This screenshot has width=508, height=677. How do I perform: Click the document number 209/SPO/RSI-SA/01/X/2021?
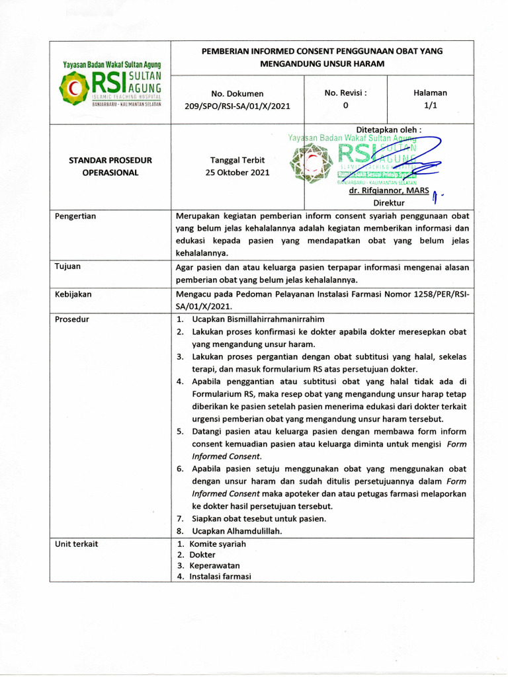tap(237, 105)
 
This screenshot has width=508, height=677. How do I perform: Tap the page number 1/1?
tap(430, 105)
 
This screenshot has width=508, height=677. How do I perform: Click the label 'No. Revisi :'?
tap(345, 93)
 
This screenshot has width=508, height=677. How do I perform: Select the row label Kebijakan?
tap(73, 294)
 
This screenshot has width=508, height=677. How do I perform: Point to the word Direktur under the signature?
tap(389, 203)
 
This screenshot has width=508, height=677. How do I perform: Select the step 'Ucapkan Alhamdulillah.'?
tap(236, 531)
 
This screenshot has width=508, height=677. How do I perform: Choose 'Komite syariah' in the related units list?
tap(217, 543)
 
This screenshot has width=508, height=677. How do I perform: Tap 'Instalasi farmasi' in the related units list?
tap(220, 576)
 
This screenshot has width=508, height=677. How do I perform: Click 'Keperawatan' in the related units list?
tap(214, 565)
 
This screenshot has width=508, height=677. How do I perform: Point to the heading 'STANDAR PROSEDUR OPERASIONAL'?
tap(110, 167)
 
